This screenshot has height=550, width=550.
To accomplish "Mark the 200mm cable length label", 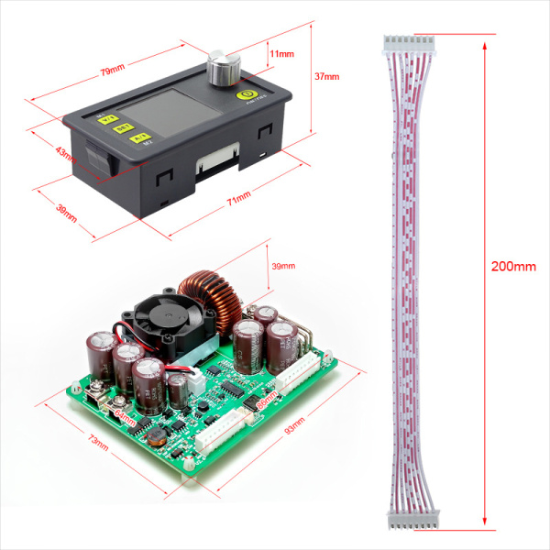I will point(513,266).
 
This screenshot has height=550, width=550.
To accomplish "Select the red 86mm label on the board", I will point(266,401).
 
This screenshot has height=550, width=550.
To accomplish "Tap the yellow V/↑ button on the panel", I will point(109,119).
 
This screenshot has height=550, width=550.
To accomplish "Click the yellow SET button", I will point(121,129).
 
